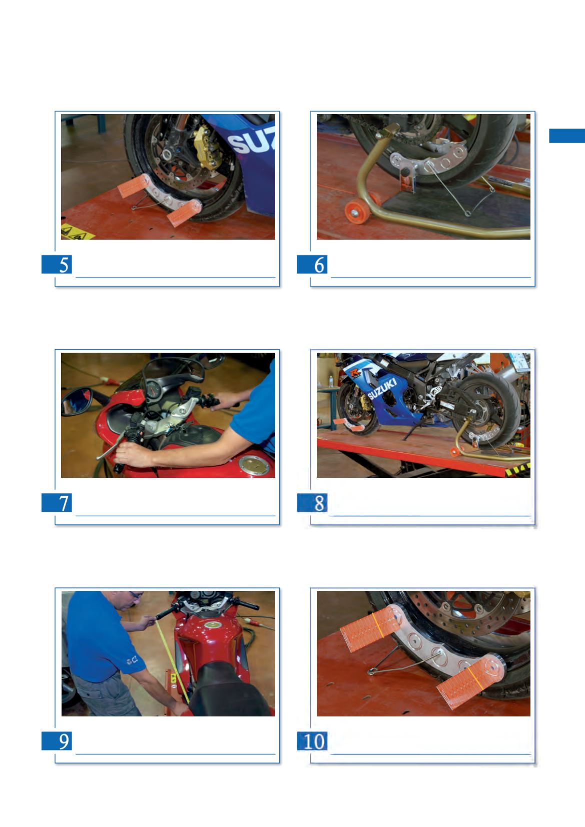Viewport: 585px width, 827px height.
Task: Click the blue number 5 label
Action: point(57,264)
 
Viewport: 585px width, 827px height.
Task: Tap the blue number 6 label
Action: point(312,264)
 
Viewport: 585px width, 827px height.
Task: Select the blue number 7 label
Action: point(57,502)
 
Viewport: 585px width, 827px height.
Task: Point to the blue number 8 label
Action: point(312,502)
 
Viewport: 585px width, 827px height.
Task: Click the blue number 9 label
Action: point(57,740)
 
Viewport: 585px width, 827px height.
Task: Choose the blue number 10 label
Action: point(312,740)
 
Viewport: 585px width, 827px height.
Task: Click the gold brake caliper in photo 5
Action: point(206,147)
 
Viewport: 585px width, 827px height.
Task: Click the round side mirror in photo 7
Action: point(77,402)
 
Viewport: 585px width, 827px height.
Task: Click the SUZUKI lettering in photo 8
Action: point(382,389)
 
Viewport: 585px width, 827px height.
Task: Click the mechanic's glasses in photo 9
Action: point(136,595)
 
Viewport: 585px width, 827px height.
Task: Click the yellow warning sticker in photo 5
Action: point(77,232)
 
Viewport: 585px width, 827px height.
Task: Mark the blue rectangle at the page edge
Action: point(567,136)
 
